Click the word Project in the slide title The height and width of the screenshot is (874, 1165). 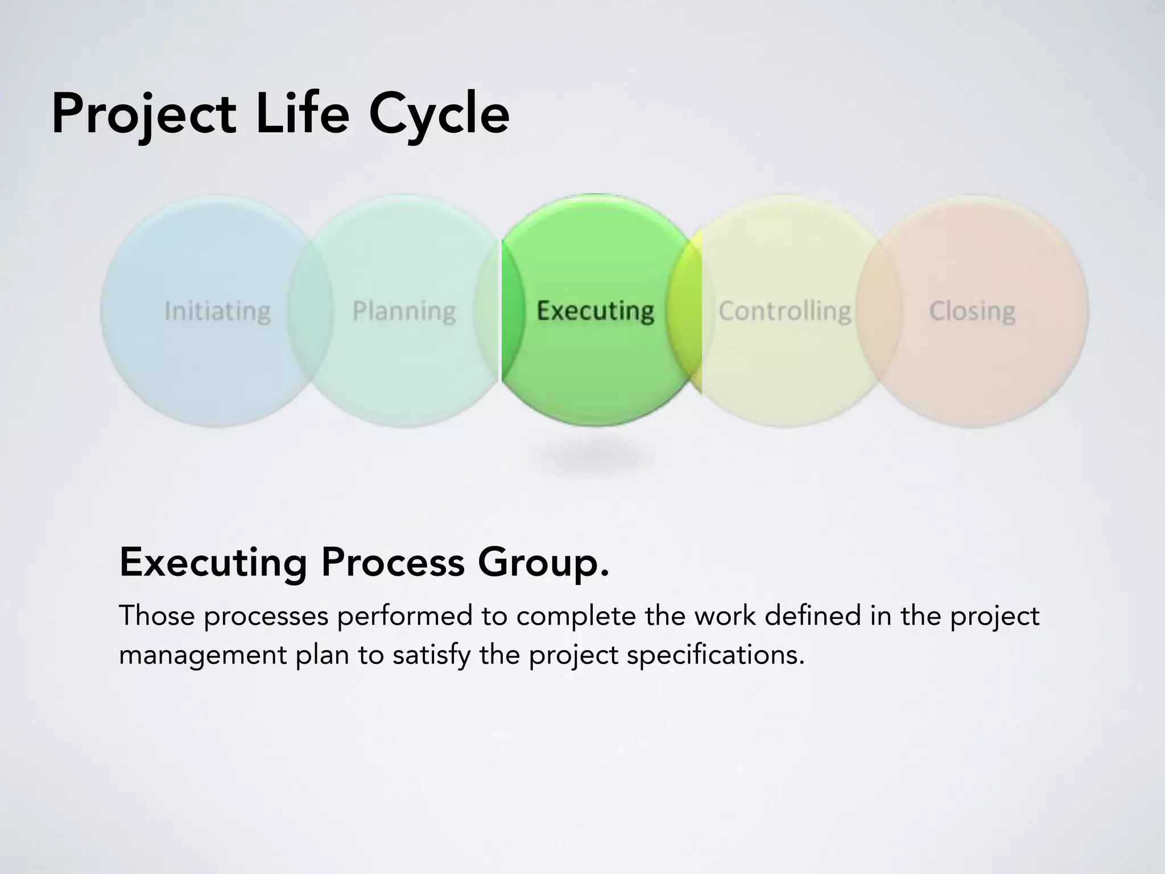(x=143, y=115)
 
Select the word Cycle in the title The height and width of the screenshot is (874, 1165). (x=439, y=116)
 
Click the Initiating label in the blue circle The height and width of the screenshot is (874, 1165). (x=217, y=311)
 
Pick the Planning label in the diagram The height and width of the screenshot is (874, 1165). (x=404, y=311)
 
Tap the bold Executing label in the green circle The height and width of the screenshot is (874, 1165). (x=595, y=311)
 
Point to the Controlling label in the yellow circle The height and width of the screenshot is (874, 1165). (x=785, y=311)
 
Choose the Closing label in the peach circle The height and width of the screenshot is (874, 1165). (x=972, y=311)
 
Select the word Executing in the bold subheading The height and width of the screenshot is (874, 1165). (x=213, y=562)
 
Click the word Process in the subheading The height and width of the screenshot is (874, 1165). (x=393, y=562)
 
